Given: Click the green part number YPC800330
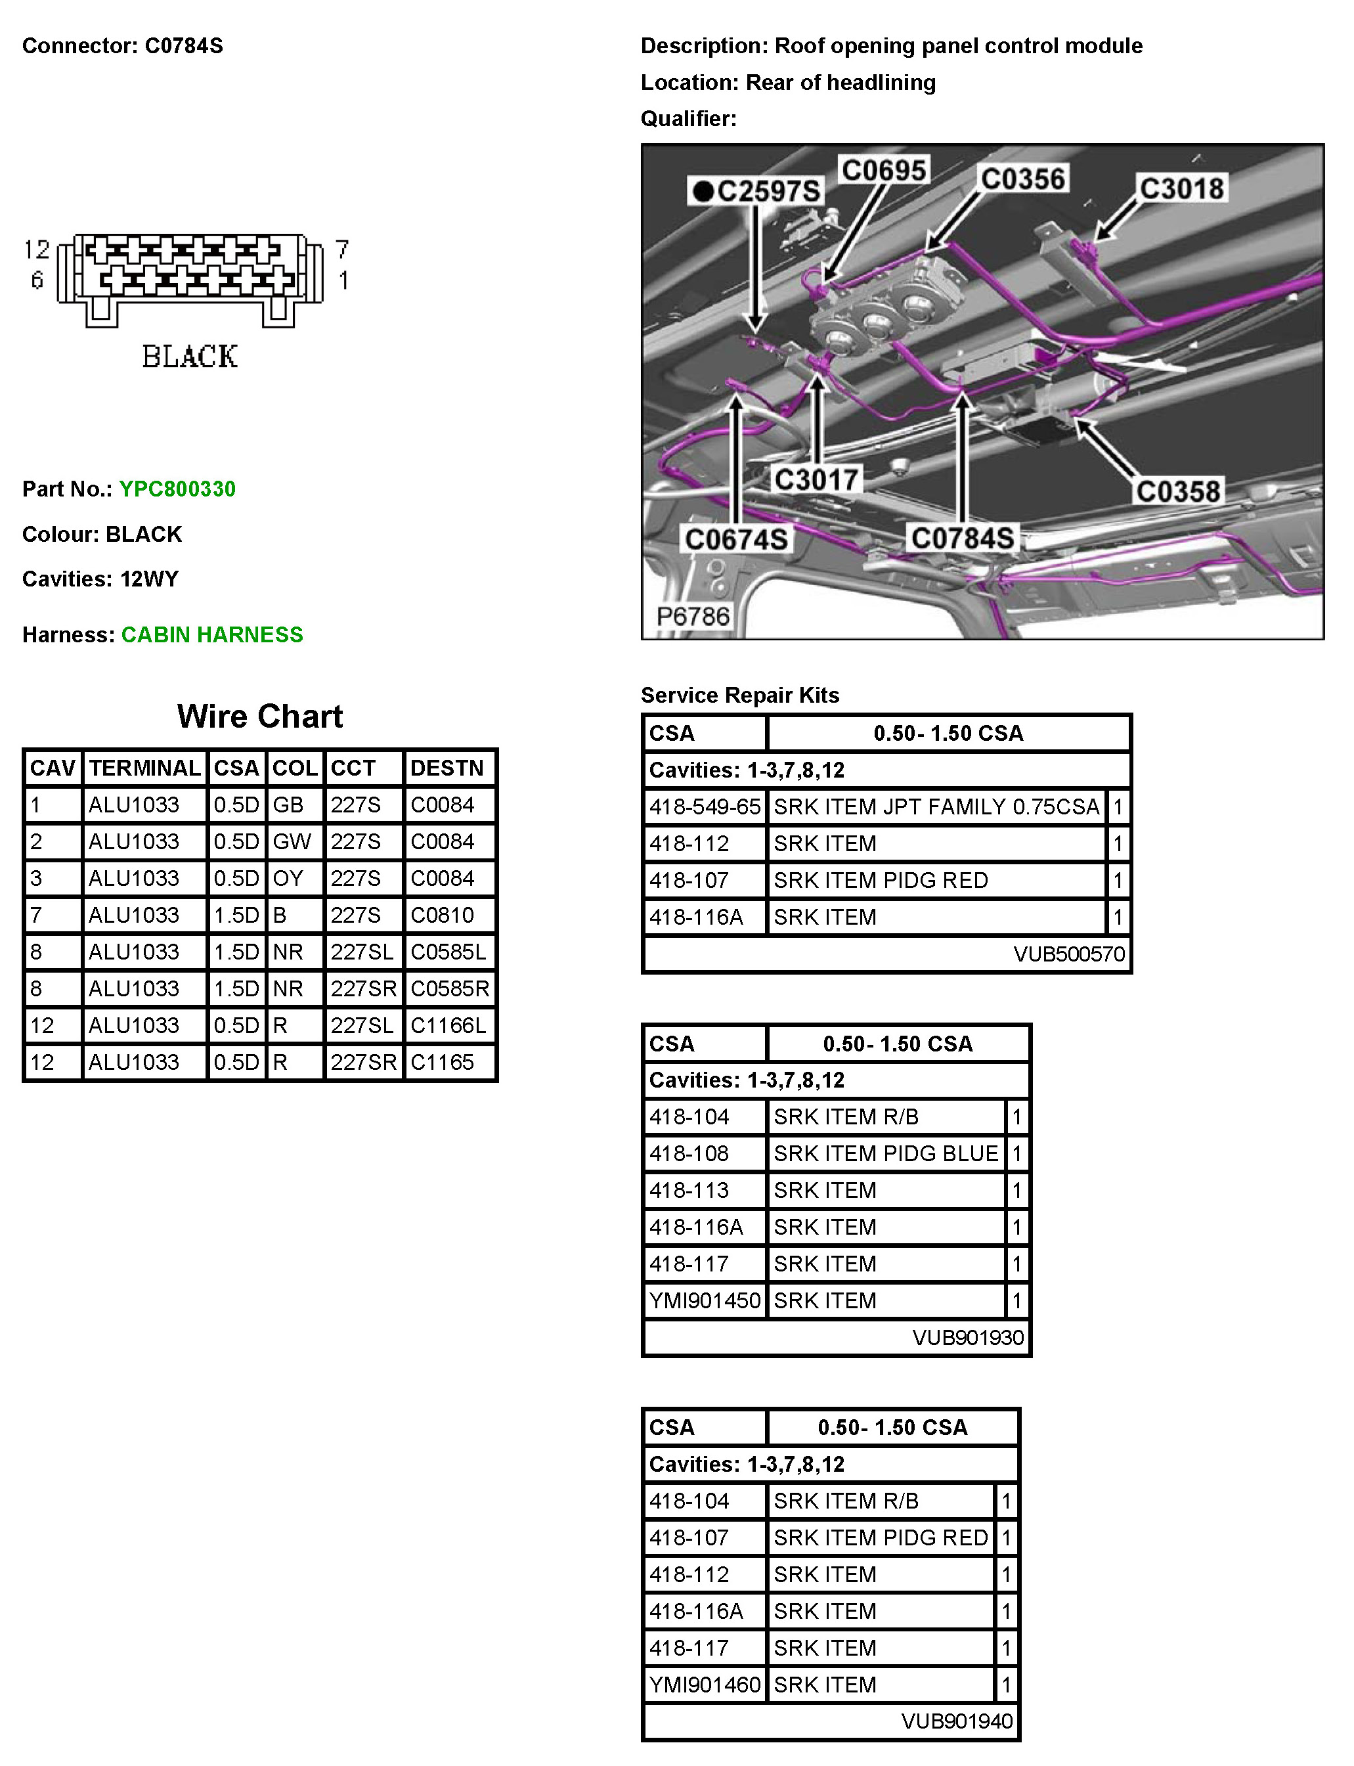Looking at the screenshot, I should pyautogui.click(x=177, y=489).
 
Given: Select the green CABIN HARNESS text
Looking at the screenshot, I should pyautogui.click(x=212, y=635).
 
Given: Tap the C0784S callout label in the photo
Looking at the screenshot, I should pyautogui.click(x=961, y=538).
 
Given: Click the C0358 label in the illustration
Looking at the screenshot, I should pyautogui.click(x=1177, y=491).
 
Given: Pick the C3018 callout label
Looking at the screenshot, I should pyautogui.click(x=1181, y=188).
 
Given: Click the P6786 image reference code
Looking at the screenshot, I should pyautogui.click(x=692, y=617).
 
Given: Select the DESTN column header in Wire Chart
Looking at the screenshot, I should pyautogui.click(x=447, y=768).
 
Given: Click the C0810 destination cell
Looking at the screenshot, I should pyautogui.click(x=443, y=915).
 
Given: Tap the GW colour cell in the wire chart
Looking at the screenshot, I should pyautogui.click(x=292, y=841).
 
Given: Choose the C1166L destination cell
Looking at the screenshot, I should pyautogui.click(x=448, y=1025).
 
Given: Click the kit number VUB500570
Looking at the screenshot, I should pyautogui.click(x=1069, y=954).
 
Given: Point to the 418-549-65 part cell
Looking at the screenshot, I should pyautogui.click(x=705, y=807).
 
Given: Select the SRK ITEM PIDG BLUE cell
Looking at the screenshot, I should pyautogui.click(x=886, y=1153).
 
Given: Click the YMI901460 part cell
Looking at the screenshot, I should pyautogui.click(x=705, y=1685).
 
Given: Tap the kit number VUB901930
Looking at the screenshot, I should pyautogui.click(x=968, y=1338).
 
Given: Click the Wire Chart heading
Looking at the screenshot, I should pyautogui.click(x=259, y=717).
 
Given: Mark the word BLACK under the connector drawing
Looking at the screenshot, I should pyautogui.click(x=190, y=356).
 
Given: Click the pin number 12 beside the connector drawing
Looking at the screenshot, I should pyautogui.click(x=36, y=250).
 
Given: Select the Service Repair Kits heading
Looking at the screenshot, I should pyautogui.click(x=740, y=695).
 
